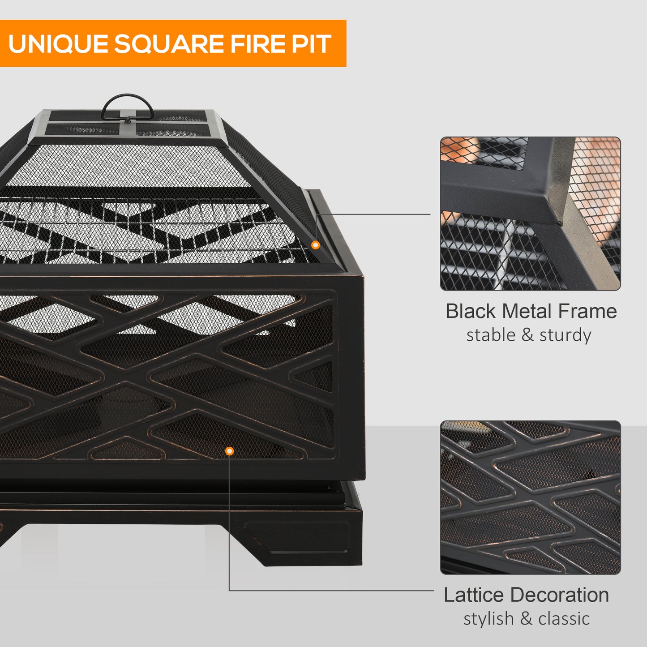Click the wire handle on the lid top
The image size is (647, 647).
click(127, 105)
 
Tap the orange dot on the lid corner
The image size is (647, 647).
click(315, 245)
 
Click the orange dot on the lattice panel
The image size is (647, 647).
click(229, 451)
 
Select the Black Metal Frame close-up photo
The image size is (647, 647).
click(530, 214)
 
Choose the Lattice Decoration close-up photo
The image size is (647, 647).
click(530, 497)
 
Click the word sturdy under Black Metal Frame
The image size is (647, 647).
click(565, 335)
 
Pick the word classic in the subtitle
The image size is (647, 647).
click(564, 619)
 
